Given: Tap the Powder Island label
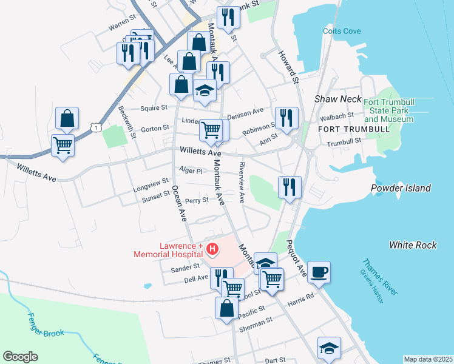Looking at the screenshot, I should point(401,188).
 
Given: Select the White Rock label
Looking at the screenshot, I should point(413,245).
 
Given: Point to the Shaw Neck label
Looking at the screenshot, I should point(337,99).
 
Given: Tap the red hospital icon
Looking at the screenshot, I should point(212,249).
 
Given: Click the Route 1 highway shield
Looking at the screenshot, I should point(95,126).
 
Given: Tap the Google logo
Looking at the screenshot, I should point(20,357).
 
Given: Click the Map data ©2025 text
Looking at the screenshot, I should point(428,359).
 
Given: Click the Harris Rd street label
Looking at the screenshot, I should point(301,298).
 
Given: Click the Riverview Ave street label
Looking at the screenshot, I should point(242,182).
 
